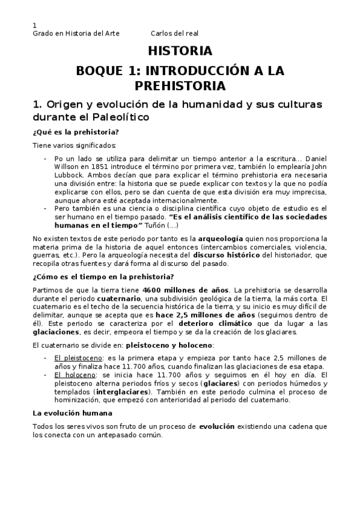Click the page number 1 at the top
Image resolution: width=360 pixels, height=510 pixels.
click(x=34, y=25)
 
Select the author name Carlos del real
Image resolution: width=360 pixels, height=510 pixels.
click(x=174, y=34)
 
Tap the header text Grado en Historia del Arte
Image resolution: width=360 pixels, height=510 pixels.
click(x=76, y=34)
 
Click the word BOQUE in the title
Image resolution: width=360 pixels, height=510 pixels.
click(x=100, y=70)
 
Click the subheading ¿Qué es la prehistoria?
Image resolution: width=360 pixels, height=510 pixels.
click(x=76, y=132)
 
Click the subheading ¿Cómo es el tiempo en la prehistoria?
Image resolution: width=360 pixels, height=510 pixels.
click(x=103, y=277)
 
